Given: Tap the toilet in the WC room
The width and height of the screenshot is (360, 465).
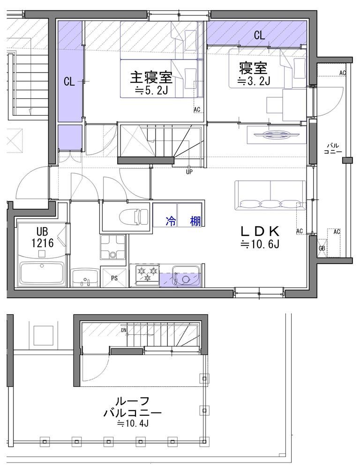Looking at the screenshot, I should [x=132, y=216].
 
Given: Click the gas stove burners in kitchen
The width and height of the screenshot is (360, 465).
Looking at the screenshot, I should [x=147, y=274].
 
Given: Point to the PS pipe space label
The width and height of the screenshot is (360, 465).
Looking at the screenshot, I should [x=114, y=277].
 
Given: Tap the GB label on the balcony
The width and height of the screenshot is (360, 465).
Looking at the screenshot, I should [x=322, y=248].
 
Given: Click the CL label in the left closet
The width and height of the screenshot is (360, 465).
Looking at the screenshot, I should [x=69, y=82].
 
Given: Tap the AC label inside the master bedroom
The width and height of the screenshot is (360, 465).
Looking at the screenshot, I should [x=197, y=110].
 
